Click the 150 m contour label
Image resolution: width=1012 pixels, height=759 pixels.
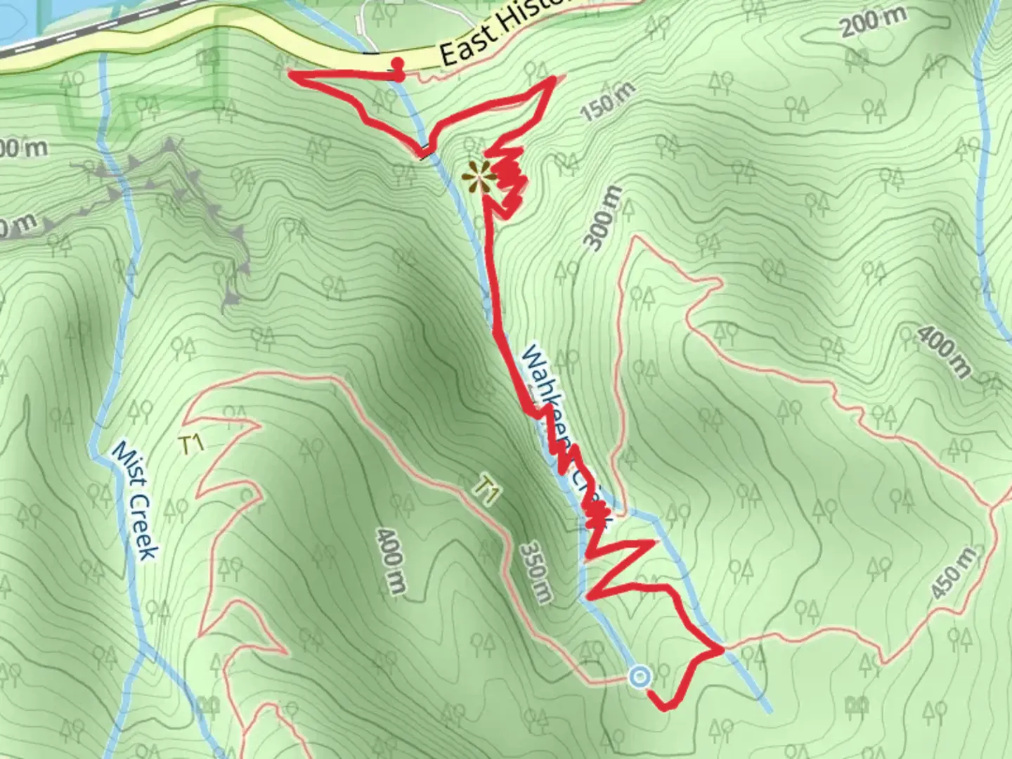pos(609,100)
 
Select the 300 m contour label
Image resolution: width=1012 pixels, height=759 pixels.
pos(603,218)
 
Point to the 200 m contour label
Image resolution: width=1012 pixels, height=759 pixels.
pos(873,24)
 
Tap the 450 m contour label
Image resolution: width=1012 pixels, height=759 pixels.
pos(954,573)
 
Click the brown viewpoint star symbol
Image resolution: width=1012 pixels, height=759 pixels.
pos(477,176)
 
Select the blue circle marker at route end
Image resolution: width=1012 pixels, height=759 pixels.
pos(640,677)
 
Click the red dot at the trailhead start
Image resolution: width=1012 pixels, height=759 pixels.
pos(398,63)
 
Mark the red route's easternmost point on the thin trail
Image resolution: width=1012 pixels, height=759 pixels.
pos(721,650)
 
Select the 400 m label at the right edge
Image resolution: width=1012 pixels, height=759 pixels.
pos(943,351)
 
